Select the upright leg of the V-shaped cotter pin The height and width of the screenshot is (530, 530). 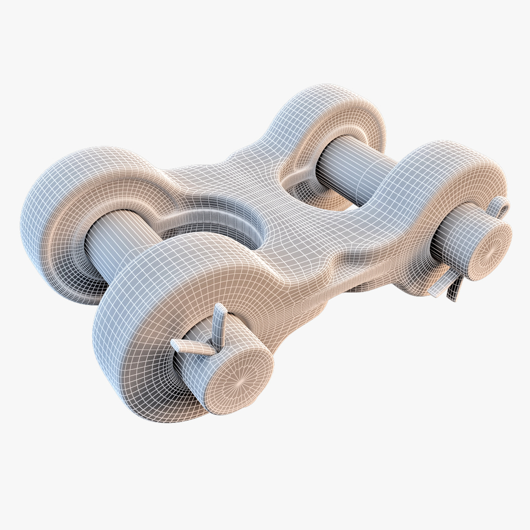click(x=220, y=324)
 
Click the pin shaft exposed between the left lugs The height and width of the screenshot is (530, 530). click(x=118, y=240)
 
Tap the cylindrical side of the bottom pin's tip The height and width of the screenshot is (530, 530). click(x=196, y=373)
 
